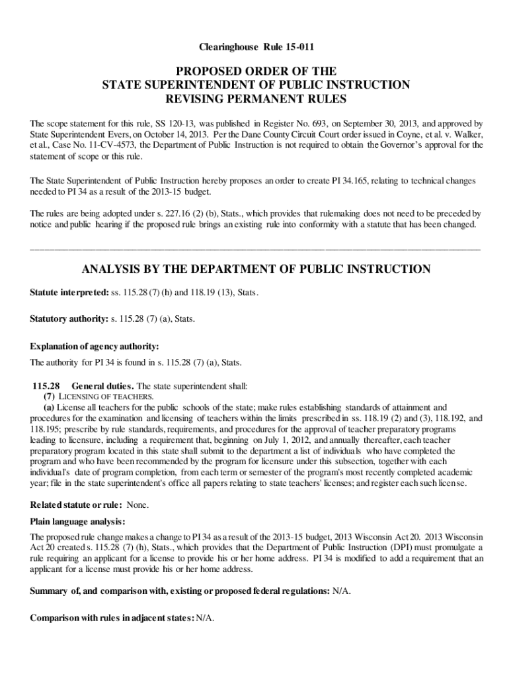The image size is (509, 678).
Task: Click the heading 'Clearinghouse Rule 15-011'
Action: tap(255, 48)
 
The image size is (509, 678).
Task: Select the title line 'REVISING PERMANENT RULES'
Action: tap(255, 99)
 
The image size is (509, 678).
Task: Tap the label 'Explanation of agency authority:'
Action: tap(95, 346)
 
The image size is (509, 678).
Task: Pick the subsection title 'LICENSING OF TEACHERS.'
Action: tap(98, 396)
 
